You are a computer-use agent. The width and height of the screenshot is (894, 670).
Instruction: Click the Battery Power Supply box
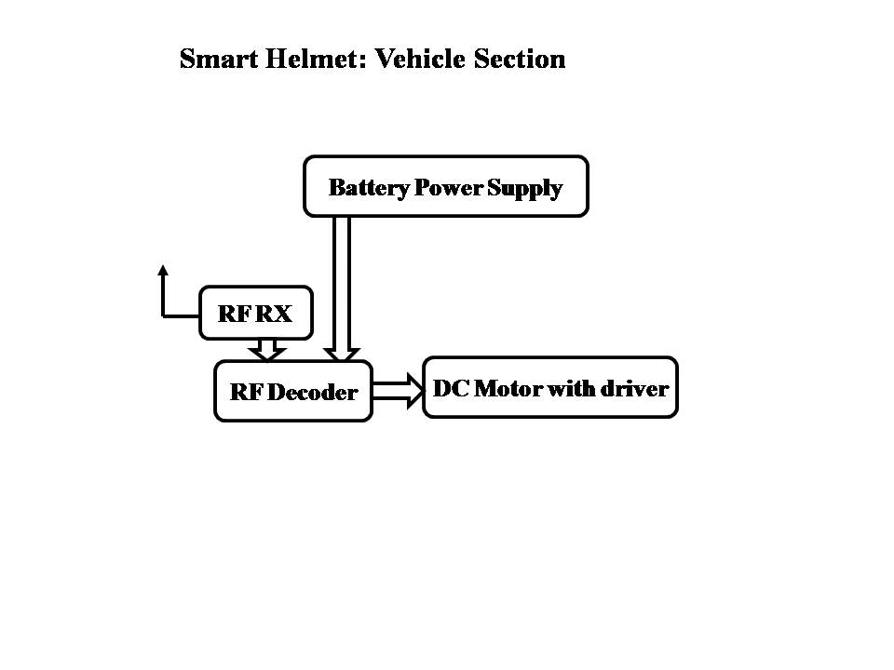click(446, 187)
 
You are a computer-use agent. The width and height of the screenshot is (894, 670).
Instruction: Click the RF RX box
click(255, 314)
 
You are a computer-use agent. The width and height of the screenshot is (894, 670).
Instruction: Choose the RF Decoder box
click(293, 392)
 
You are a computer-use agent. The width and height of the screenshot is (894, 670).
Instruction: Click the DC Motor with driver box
click(549, 388)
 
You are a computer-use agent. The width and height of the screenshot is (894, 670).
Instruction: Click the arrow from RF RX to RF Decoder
click(267, 350)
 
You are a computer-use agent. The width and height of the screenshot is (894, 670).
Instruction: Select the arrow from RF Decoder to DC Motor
click(398, 389)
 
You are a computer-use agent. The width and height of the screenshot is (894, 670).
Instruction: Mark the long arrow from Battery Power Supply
click(342, 288)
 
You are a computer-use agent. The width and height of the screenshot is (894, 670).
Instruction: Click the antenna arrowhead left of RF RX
click(163, 272)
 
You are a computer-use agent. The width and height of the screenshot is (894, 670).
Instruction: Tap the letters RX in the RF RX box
click(274, 315)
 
